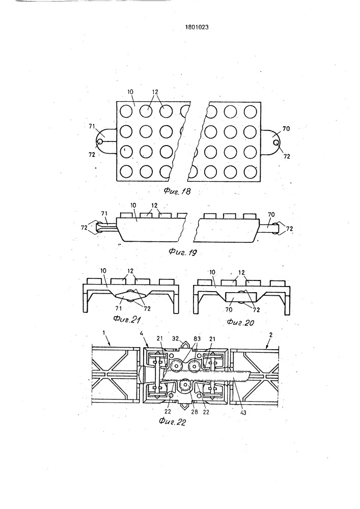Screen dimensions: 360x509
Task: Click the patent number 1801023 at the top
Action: click(x=197, y=27)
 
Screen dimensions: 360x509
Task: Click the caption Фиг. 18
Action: click(x=177, y=191)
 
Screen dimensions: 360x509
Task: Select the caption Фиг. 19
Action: click(x=183, y=252)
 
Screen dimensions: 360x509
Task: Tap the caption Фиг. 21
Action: click(x=127, y=320)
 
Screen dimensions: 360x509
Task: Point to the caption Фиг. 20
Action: click(x=240, y=322)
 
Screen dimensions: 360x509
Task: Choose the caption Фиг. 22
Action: click(x=172, y=422)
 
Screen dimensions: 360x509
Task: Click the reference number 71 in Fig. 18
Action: click(x=92, y=127)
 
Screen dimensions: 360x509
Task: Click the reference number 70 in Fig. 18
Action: click(x=286, y=129)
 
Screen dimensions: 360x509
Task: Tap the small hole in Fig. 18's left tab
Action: click(x=99, y=142)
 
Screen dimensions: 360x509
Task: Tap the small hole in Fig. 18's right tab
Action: click(x=276, y=143)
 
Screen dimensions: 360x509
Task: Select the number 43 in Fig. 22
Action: click(x=243, y=413)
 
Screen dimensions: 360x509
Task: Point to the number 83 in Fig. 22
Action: click(x=197, y=338)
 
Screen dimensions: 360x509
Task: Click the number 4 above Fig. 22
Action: click(x=142, y=333)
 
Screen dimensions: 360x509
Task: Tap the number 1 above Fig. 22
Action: click(x=103, y=333)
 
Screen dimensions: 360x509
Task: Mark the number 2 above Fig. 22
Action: click(x=271, y=334)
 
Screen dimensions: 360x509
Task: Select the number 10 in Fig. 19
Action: click(x=133, y=206)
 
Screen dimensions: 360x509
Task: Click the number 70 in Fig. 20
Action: click(x=229, y=309)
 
